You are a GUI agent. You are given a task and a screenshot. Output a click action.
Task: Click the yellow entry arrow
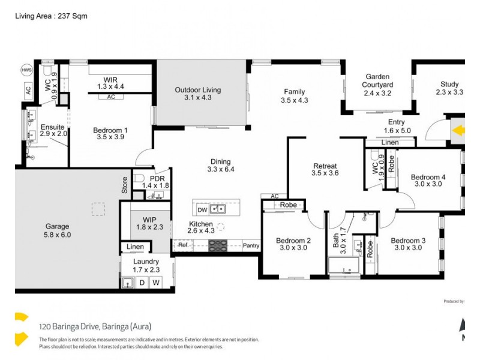tap(459, 130)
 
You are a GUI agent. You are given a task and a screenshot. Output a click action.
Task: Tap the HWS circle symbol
tap(26, 68)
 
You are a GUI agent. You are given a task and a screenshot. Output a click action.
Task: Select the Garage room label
tap(58, 227)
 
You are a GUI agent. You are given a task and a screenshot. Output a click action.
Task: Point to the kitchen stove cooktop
tap(217, 245)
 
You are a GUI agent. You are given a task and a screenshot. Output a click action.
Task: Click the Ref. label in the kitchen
tap(183, 245)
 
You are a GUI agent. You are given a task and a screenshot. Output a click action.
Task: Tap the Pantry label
tap(251, 245)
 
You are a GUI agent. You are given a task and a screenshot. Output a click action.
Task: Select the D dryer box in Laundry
tap(142, 282)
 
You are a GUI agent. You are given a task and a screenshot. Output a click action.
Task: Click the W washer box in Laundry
tap(155, 282)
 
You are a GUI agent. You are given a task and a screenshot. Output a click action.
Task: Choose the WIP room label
tap(149, 220)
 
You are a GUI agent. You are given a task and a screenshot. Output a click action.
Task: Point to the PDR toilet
tap(137, 179)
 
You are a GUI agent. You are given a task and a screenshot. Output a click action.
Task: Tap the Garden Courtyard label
tap(378, 81)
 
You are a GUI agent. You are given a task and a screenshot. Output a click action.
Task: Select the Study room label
tap(449, 84)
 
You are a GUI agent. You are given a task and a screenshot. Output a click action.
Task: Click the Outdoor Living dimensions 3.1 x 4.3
tap(198, 97)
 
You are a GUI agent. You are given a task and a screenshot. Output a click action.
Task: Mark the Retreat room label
tap(325, 166)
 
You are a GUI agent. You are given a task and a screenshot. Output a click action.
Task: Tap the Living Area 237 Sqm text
tap(51, 16)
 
